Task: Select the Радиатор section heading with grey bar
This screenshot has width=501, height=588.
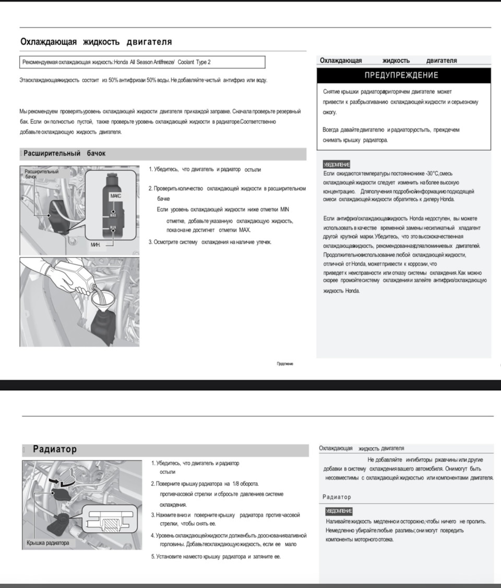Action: [55, 449]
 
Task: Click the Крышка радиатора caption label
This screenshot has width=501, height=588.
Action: [47, 543]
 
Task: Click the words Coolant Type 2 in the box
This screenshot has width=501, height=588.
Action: [194, 62]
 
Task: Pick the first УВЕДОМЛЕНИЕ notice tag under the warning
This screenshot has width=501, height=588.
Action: [337, 164]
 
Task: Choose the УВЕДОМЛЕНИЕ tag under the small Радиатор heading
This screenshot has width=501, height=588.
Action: [338, 511]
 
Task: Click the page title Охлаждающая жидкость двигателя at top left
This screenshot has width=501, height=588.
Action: [96, 42]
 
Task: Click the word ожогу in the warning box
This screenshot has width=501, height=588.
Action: [330, 112]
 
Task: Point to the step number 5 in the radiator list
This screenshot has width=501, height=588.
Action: [152, 557]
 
